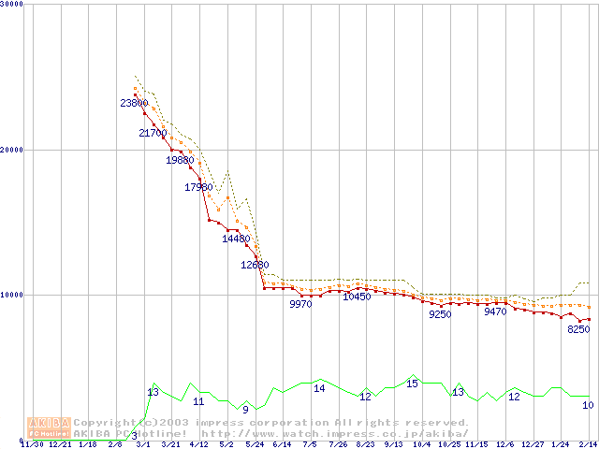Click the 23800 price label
tap(135, 103)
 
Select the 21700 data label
tap(153, 133)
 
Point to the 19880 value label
tap(180, 160)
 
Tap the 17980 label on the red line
tap(199, 187)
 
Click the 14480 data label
tap(236, 239)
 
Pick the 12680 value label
tap(255, 265)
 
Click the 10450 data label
tap(357, 297)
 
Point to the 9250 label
tap(440, 314)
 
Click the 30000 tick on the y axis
tap(13, 5)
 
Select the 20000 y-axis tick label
tap(13, 150)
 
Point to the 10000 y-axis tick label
tap(13, 295)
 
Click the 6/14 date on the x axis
tap(281, 444)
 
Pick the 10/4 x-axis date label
tap(421, 444)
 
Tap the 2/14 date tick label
tap(588, 444)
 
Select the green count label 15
tap(412, 384)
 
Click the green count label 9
tap(245, 409)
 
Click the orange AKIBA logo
tap(49, 427)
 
